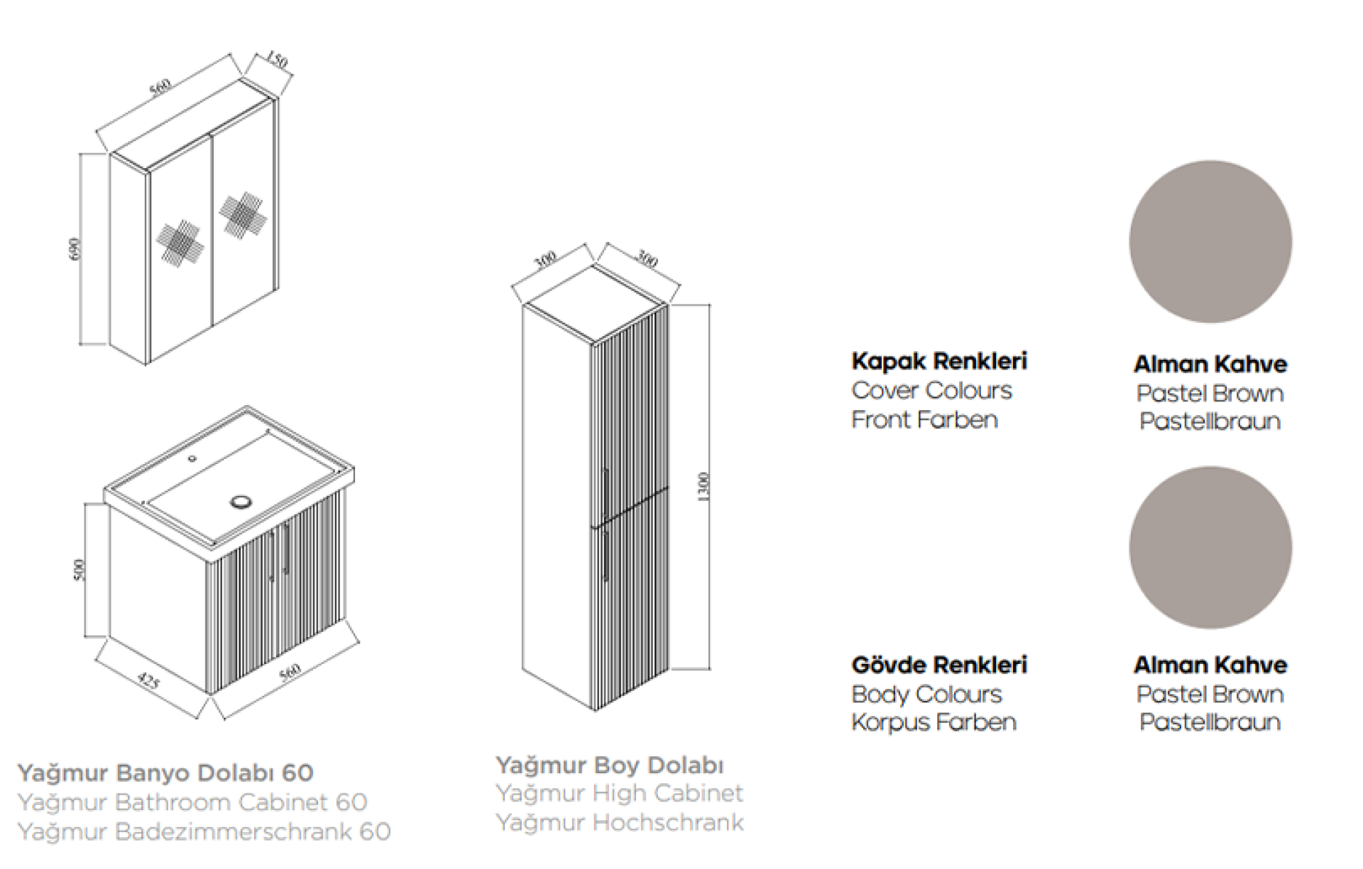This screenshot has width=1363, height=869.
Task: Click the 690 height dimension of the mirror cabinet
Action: click(75, 249)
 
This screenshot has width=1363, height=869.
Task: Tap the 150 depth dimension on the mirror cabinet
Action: click(277, 60)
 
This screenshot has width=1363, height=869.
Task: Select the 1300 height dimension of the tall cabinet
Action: click(703, 487)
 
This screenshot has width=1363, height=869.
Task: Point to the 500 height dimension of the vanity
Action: click(79, 570)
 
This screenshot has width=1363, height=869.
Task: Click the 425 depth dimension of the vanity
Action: click(148, 681)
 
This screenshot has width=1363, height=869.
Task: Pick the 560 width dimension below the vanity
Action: click(290, 672)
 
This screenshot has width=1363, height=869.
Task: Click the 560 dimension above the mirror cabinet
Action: click(160, 87)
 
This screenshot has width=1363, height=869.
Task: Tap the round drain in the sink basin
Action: click(241, 502)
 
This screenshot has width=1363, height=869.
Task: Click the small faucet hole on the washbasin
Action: click(192, 459)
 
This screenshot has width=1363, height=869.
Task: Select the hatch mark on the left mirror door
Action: click(180, 243)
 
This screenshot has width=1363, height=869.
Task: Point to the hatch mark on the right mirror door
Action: click(243, 214)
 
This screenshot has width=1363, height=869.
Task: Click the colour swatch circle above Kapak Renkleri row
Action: click(1210, 242)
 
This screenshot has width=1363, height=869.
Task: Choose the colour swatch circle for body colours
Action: click(1210, 548)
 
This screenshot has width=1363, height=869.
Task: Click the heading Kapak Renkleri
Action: click(938, 361)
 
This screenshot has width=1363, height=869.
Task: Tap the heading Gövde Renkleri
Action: click(938, 665)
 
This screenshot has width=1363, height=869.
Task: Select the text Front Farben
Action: click(924, 420)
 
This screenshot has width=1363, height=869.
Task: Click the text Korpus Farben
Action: click(934, 722)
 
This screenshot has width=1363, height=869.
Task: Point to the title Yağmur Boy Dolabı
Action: click(609, 765)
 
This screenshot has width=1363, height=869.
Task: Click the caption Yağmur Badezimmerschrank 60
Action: click(204, 831)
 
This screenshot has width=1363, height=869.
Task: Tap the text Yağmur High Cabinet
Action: click(619, 793)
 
